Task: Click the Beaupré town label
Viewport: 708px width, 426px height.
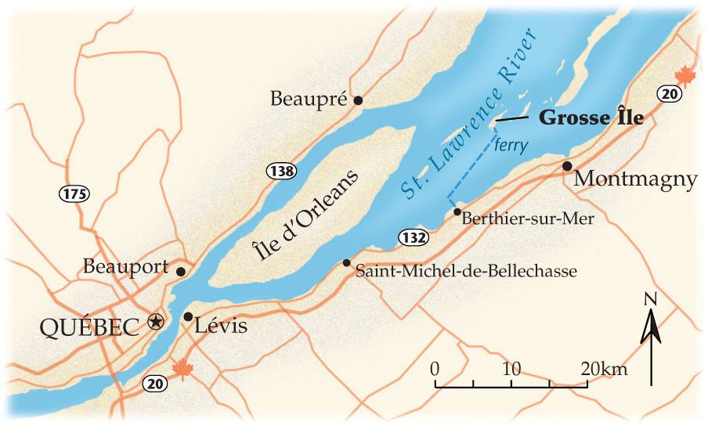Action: pyautogui.click(x=308, y=99)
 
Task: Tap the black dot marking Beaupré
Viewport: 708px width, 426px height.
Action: pyautogui.click(x=358, y=99)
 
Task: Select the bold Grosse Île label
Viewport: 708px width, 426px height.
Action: pyautogui.click(x=591, y=118)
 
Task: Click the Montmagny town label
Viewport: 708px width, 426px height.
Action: pyautogui.click(x=635, y=179)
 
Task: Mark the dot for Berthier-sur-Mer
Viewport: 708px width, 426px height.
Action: pyautogui.click(x=457, y=211)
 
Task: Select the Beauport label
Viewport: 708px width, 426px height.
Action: pyautogui.click(x=125, y=267)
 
